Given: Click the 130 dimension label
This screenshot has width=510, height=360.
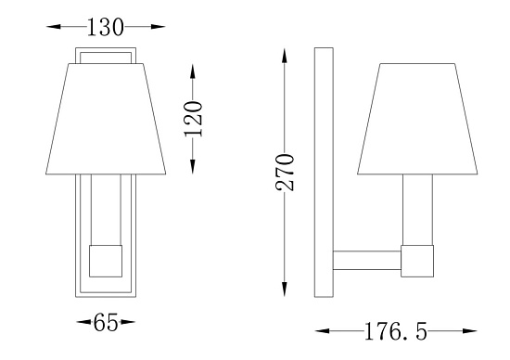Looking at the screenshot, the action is (x=106, y=27).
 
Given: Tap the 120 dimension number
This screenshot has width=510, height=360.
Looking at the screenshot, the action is (x=193, y=119).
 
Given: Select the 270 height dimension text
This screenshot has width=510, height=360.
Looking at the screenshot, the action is (x=285, y=173).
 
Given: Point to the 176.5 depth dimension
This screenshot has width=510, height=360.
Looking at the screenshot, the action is (x=396, y=331).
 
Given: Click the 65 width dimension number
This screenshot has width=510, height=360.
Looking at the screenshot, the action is (x=106, y=322).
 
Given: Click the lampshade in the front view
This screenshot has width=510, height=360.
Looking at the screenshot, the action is (x=106, y=119).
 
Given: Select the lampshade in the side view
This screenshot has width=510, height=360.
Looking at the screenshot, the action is (x=417, y=119).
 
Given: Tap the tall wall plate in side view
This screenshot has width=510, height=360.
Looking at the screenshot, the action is (x=324, y=173).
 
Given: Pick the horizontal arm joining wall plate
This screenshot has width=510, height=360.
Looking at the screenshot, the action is (x=367, y=261).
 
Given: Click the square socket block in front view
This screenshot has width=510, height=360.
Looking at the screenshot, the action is (x=106, y=261).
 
